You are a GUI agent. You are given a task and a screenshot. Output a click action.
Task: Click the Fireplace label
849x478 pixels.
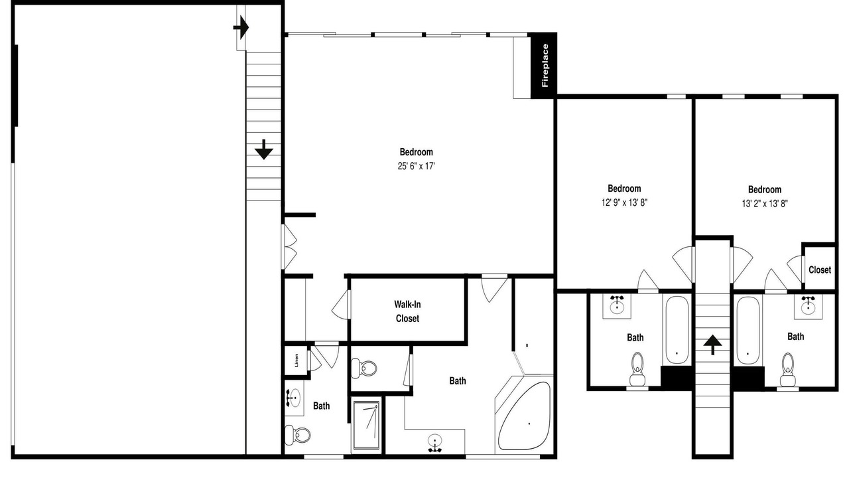[545, 65]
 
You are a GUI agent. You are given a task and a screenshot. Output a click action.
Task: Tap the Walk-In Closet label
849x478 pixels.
[407, 311]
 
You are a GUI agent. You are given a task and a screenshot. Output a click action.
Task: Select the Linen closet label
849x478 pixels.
[296, 360]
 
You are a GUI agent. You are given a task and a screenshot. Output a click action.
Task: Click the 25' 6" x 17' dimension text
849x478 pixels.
[416, 166]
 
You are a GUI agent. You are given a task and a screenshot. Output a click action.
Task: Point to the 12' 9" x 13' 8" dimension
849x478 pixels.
[624, 202]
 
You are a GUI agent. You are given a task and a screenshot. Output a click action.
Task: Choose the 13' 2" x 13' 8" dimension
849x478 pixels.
[765, 204]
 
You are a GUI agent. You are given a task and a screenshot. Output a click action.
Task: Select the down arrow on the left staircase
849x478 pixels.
[264, 149]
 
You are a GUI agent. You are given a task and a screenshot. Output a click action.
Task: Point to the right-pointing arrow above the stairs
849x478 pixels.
[241, 28]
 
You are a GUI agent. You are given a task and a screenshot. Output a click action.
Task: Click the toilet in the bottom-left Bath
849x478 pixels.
[298, 435]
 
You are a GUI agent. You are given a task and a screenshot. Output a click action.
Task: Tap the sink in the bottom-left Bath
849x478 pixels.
[293, 398]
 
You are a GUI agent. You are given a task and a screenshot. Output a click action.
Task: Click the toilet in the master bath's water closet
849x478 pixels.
[364, 368]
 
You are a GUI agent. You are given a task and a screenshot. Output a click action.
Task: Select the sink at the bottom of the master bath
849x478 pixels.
[434, 443]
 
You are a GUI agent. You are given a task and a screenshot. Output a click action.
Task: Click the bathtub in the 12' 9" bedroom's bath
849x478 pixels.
[677, 330]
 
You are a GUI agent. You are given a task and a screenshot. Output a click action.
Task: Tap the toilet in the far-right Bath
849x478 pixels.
[787, 370]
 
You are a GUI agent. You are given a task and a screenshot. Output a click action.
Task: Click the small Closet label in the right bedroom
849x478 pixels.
[820, 270]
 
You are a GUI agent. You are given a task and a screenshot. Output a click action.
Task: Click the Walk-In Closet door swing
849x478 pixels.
[340, 305]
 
